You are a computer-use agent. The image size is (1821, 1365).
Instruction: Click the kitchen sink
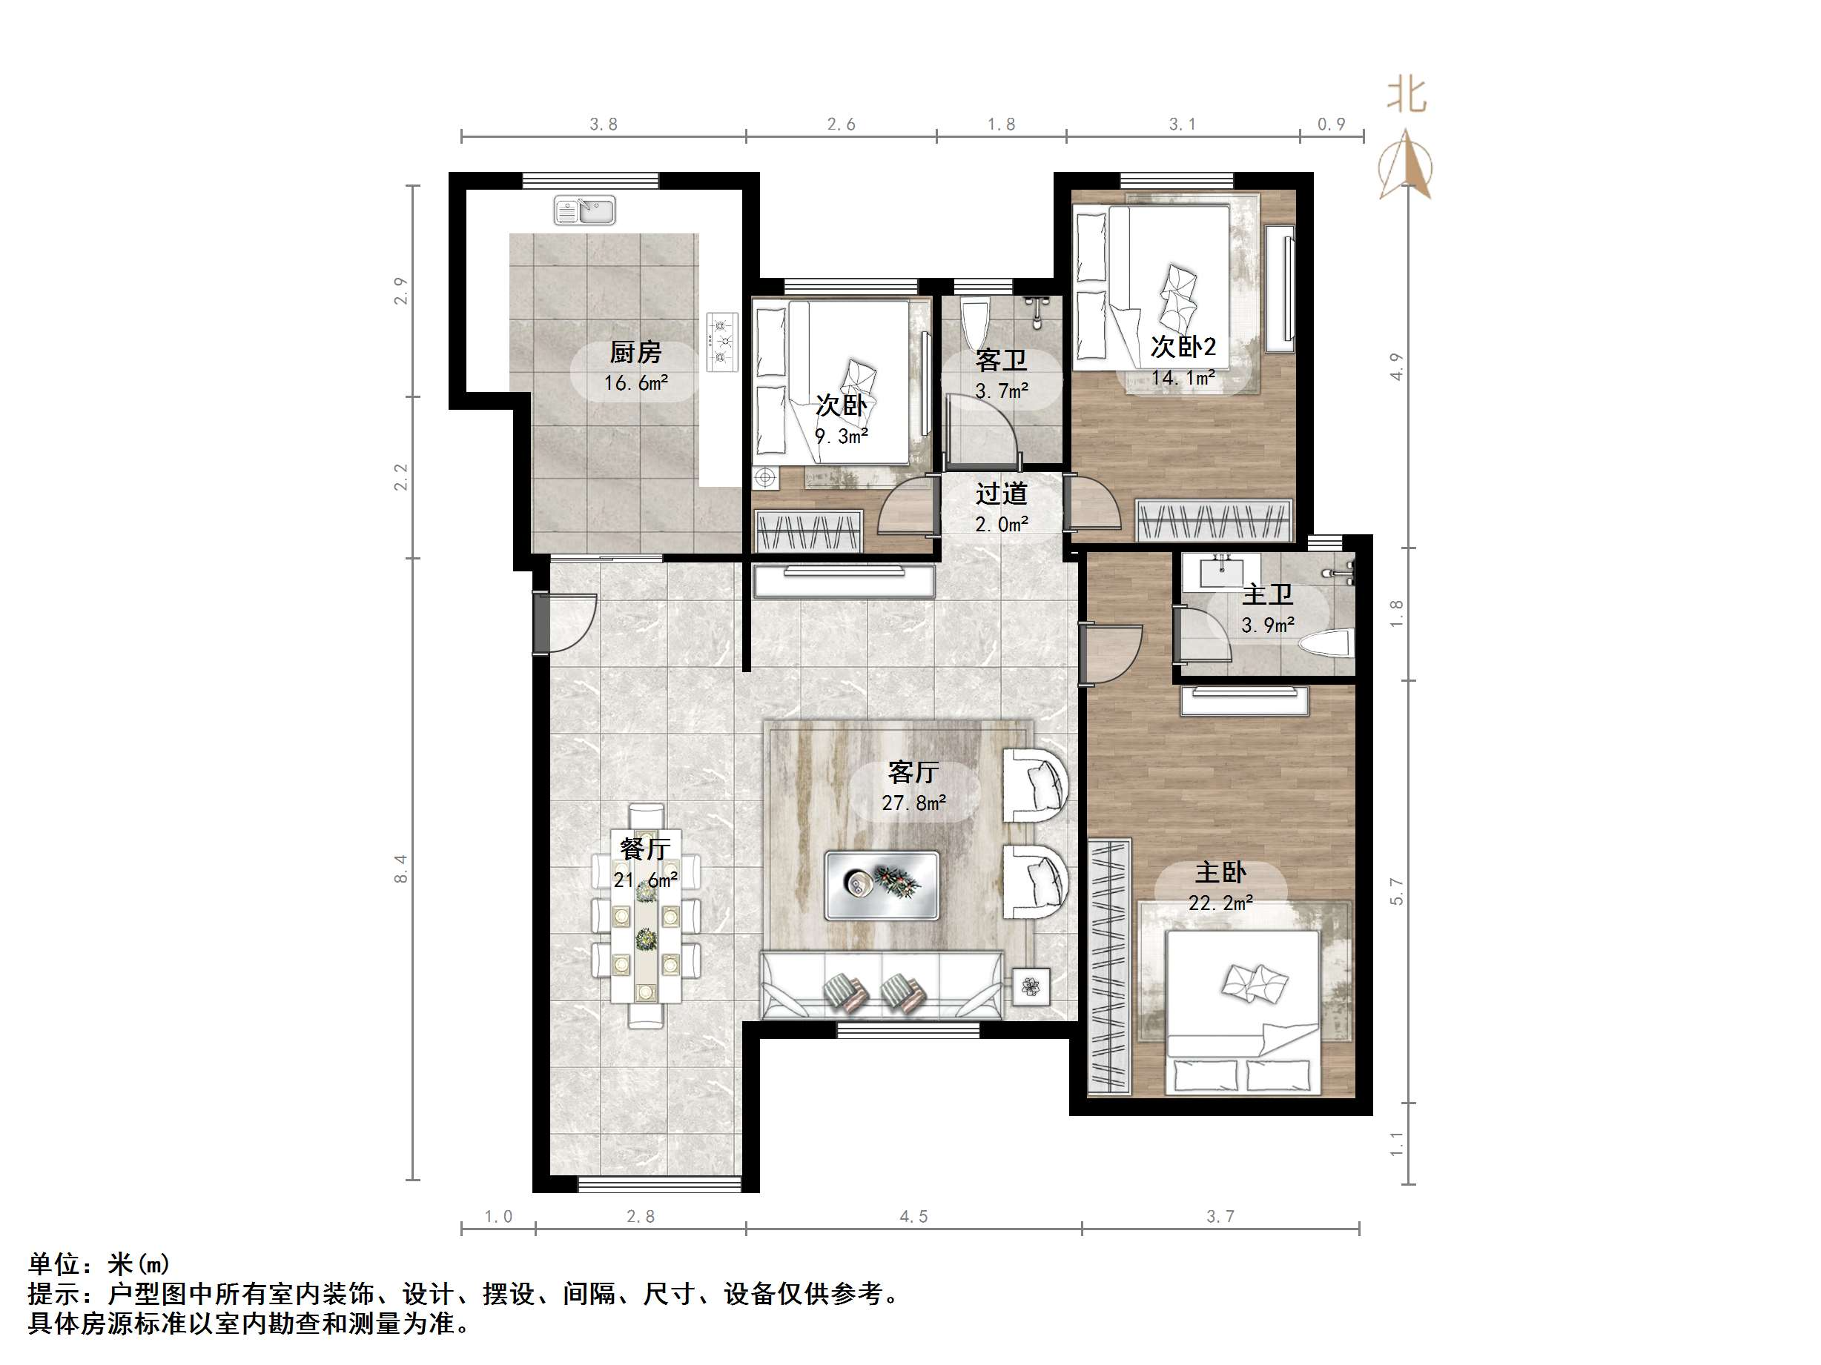tap(584, 210)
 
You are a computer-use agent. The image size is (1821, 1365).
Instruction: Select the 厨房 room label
tap(635, 353)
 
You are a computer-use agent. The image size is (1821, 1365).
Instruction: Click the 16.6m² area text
tap(635, 383)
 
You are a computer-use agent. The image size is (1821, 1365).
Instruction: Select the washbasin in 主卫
tap(1221, 570)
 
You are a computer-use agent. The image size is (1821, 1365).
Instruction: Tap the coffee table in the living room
tap(882, 886)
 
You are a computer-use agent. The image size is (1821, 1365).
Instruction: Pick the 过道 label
tap(1002, 494)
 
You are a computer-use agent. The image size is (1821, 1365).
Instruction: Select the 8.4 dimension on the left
tap(401, 869)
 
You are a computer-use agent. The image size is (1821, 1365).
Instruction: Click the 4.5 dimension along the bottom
tap(913, 1217)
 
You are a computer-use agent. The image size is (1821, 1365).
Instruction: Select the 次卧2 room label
tap(1183, 348)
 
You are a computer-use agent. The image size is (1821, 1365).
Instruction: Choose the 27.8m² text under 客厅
tap(913, 803)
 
